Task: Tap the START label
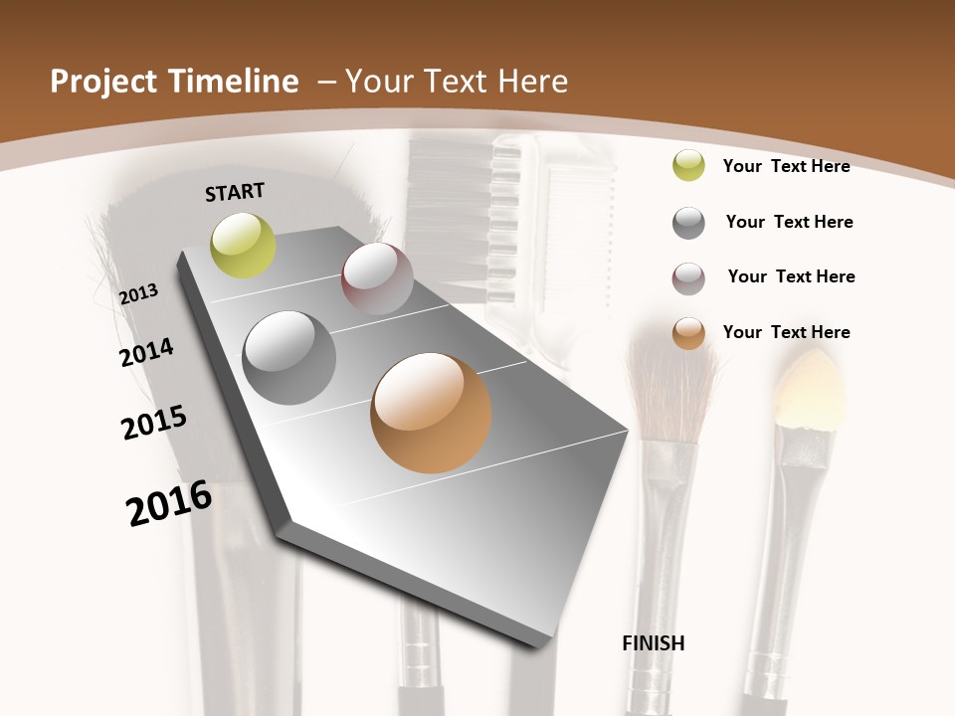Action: click(x=235, y=191)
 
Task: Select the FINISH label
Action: click(x=654, y=643)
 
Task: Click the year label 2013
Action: click(x=139, y=293)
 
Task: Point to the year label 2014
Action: click(x=146, y=352)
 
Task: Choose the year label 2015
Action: click(x=154, y=423)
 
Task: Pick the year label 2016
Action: click(x=169, y=503)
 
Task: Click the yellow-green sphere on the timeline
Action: click(x=243, y=245)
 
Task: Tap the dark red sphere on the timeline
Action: click(x=377, y=278)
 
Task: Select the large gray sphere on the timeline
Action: click(x=289, y=358)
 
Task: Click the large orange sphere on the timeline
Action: click(x=431, y=413)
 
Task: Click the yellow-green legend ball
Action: click(x=688, y=165)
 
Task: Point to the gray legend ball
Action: click(x=688, y=223)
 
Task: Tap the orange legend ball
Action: click(x=688, y=333)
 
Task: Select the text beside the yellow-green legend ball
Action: click(x=786, y=166)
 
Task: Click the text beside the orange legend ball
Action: click(x=786, y=332)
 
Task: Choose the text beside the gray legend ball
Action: click(x=789, y=222)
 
